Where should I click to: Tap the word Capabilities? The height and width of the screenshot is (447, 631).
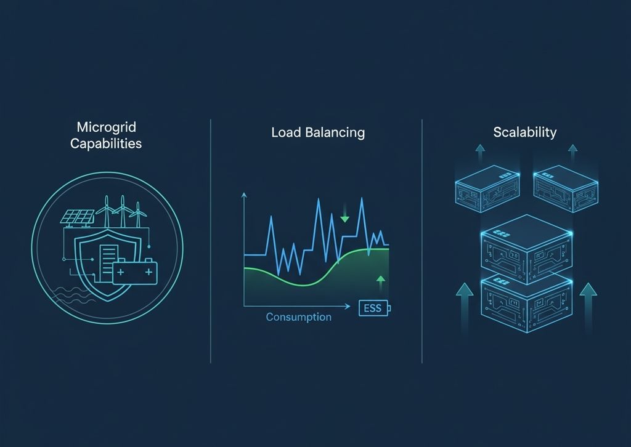(x=105, y=144)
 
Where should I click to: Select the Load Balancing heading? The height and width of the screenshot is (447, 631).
(x=318, y=132)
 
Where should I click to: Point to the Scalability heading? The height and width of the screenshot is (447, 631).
(x=525, y=132)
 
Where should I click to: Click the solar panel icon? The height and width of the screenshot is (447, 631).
(x=77, y=217)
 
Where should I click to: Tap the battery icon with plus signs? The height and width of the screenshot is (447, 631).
(x=135, y=272)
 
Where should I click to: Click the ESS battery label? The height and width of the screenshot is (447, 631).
(x=373, y=308)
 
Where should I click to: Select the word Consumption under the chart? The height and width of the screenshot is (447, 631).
(x=298, y=318)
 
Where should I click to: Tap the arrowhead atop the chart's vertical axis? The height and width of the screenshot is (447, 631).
(x=245, y=196)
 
